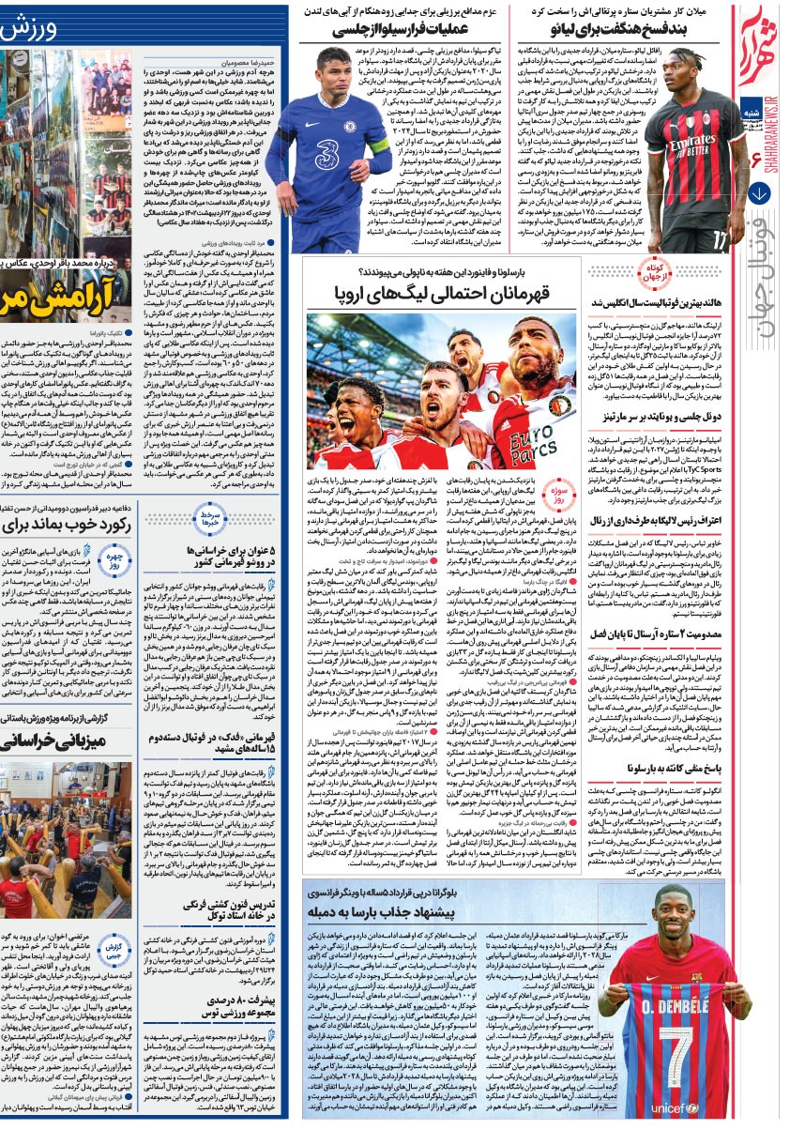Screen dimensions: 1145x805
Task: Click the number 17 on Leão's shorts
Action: point(720,241)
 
